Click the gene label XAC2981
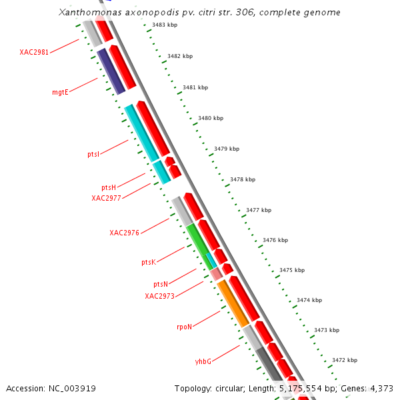click(34, 52)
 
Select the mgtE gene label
click(60, 92)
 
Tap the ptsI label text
click(93, 155)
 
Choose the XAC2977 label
click(106, 198)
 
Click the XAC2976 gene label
click(124, 233)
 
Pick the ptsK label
click(148, 263)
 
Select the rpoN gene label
click(184, 327)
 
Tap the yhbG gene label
click(203, 361)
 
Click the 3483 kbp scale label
click(165, 25)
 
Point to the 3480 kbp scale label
click(211, 118)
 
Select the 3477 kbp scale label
click(259, 210)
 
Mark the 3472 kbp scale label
click(345, 360)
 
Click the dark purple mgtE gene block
click(111, 71)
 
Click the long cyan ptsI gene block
click(141, 133)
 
